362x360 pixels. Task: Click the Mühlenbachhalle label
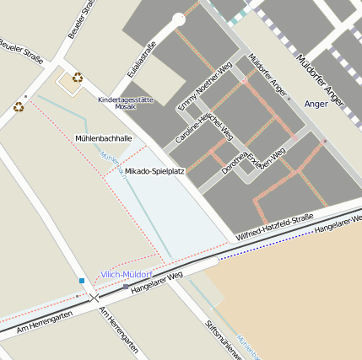104,137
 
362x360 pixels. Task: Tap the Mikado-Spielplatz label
154,171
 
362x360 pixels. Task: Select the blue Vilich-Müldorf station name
126,275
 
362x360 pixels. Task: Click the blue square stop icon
82,280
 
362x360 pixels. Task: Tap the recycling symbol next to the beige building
78,78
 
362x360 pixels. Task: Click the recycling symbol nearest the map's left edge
19,107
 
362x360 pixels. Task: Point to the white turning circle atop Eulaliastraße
178,19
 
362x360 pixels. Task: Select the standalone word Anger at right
315,105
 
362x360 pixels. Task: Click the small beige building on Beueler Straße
68,83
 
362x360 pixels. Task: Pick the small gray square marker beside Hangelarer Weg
126,287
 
